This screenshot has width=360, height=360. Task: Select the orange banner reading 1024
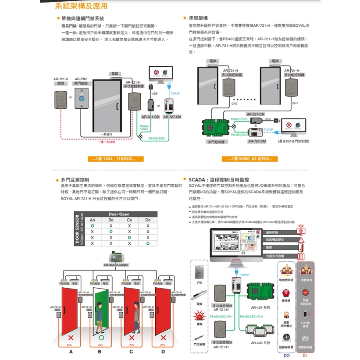114,159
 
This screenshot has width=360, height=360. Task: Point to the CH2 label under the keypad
234,103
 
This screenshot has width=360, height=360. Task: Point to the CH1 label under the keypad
295,103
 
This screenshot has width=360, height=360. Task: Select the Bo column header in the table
111,220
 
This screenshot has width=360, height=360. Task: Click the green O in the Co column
129,237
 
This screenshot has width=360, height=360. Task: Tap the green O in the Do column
148,243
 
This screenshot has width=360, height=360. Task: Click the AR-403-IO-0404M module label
116,265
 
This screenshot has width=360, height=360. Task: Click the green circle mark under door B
101,338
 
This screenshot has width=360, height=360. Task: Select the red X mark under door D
163,338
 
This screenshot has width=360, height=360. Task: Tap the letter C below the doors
132,352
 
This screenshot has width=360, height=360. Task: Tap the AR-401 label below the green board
260,308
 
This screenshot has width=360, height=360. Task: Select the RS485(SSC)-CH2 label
252,316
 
